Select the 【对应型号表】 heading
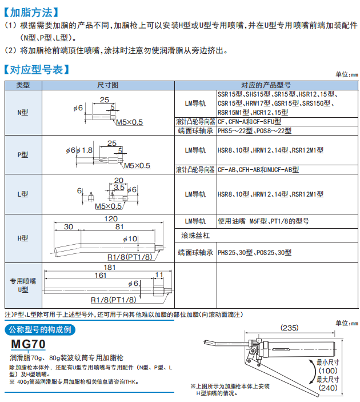click(x=37, y=70)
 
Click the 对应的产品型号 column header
click(x=266, y=85)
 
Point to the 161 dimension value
click(x=101, y=275)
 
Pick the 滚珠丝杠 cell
click(x=195, y=236)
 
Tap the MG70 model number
click(x=29, y=344)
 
